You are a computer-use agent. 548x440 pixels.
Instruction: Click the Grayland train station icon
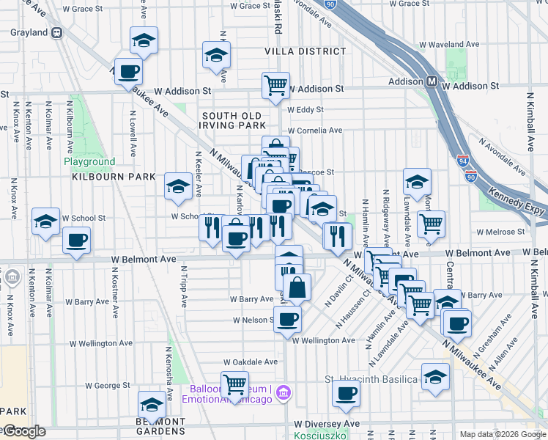click(x=56, y=32)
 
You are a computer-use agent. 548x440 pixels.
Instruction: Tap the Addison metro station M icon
click(x=432, y=81)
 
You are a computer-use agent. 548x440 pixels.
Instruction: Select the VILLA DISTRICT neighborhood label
click(x=306, y=51)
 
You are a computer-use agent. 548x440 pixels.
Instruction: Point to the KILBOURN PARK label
click(x=114, y=177)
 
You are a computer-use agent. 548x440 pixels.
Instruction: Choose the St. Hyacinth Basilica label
click(x=371, y=379)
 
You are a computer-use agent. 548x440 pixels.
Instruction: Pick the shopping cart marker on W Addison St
click(x=276, y=84)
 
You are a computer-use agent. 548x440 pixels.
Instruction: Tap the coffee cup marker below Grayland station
click(x=128, y=71)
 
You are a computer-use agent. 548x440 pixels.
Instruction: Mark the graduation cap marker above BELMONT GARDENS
click(x=152, y=404)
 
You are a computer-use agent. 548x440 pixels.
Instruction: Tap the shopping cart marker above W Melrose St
click(x=431, y=222)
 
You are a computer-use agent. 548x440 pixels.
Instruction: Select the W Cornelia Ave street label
click(x=315, y=131)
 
